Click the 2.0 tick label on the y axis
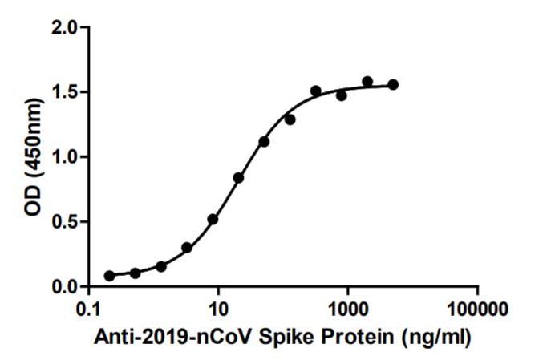(67, 27)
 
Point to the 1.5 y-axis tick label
(67, 92)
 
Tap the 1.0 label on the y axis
(67, 157)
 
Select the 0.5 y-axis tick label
(67, 222)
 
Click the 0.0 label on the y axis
(67, 287)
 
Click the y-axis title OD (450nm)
(32, 157)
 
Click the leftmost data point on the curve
(109, 276)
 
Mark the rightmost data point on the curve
(393, 84)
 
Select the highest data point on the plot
(367, 82)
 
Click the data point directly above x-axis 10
(213, 219)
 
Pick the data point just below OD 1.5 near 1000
(342, 95)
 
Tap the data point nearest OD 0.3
(187, 248)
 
